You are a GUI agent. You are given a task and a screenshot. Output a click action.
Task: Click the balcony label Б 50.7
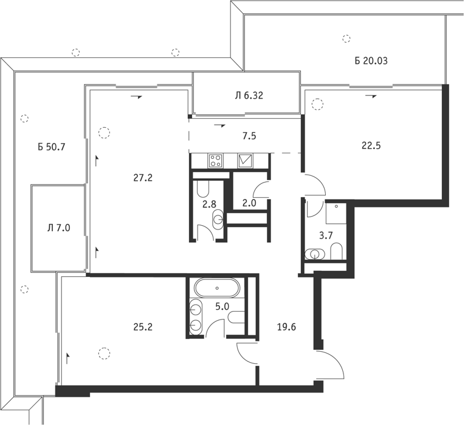[51, 147]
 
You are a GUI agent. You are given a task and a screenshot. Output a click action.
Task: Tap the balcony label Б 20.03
[371, 61]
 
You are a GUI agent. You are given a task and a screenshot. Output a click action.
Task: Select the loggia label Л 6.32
[249, 96]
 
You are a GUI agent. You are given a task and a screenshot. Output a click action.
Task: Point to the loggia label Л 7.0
[59, 228]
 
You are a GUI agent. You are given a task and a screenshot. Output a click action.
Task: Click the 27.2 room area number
[143, 178]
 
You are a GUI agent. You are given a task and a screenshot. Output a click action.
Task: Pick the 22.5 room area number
[371, 146]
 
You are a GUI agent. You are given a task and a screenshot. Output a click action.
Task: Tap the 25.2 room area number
[143, 327]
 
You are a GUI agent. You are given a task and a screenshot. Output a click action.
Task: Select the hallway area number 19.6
[286, 327]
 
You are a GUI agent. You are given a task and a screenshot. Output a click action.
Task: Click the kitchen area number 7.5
[249, 136]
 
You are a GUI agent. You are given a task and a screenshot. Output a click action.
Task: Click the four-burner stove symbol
[216, 161]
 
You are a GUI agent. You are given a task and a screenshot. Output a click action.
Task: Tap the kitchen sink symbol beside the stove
[245, 161]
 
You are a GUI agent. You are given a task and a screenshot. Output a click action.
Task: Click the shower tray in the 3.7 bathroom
[336, 214]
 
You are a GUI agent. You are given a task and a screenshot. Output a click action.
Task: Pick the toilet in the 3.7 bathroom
[336, 251]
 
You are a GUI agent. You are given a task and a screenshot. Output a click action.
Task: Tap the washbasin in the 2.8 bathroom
[219, 219]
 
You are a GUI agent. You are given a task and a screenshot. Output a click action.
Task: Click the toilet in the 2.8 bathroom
[203, 189]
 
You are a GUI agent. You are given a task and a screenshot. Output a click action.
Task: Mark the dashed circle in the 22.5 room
[317, 104]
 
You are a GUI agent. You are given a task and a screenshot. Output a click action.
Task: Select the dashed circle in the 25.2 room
[104, 353]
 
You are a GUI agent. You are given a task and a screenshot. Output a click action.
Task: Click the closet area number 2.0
[249, 203]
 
